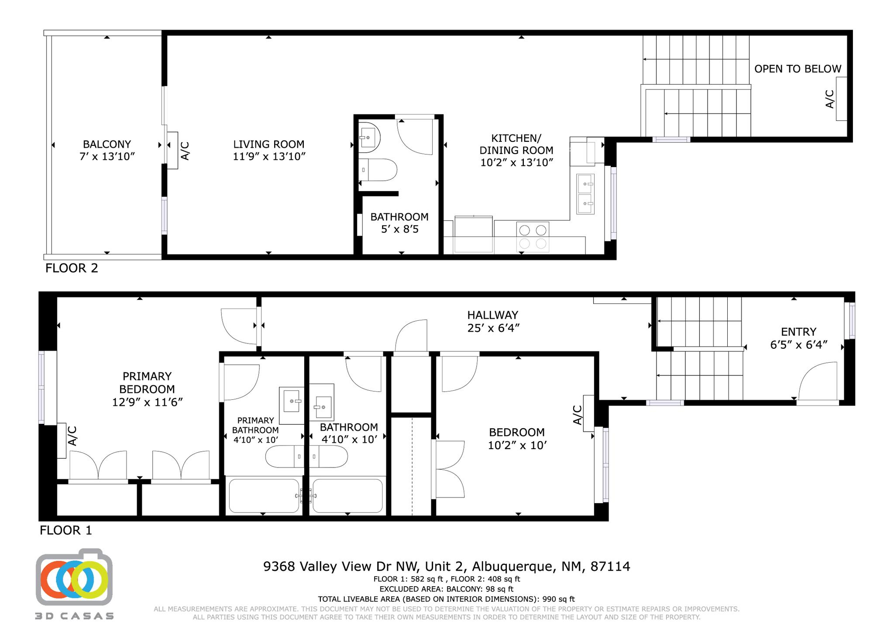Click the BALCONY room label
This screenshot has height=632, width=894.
[107, 144]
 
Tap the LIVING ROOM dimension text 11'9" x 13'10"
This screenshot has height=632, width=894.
[269, 157]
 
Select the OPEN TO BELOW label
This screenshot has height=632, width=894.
[798, 69]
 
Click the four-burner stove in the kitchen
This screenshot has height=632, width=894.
[533, 237]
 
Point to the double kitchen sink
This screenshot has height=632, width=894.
[585, 194]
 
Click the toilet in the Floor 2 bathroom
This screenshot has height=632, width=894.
[379, 170]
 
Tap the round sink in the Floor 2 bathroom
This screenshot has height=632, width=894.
[369, 137]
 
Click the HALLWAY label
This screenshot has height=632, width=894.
[493, 315]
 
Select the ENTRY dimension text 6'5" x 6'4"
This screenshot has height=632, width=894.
[798, 345]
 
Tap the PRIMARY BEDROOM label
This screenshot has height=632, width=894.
[147, 382]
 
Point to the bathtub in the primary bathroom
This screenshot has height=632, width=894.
[264, 496]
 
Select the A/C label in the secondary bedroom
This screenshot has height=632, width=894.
[577, 415]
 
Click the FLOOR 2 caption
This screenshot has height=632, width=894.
[72, 268]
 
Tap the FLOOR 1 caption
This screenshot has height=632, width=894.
[66, 530]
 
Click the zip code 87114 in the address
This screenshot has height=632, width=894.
[610, 567]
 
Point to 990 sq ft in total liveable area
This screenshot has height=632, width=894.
[558, 599]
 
